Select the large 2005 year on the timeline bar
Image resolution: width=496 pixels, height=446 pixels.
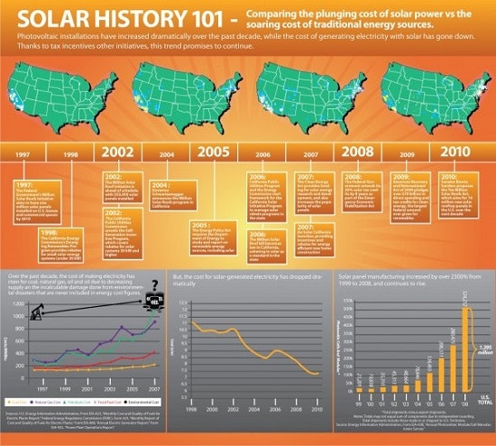click(212, 153)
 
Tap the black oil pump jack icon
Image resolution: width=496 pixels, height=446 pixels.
click(38, 311)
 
